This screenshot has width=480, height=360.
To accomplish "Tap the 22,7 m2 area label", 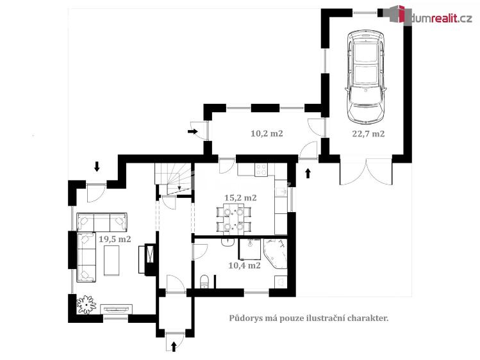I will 368,134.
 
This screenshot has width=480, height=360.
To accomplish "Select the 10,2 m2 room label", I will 267,134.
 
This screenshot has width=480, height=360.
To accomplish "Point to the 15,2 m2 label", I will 240,197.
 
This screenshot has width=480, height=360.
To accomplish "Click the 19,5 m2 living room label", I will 115,239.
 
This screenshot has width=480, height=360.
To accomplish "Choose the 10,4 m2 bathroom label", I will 244,265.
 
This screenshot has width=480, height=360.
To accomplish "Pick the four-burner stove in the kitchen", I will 261,170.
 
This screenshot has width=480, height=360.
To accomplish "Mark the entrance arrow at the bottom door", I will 175,347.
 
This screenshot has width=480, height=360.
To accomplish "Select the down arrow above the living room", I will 97,167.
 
